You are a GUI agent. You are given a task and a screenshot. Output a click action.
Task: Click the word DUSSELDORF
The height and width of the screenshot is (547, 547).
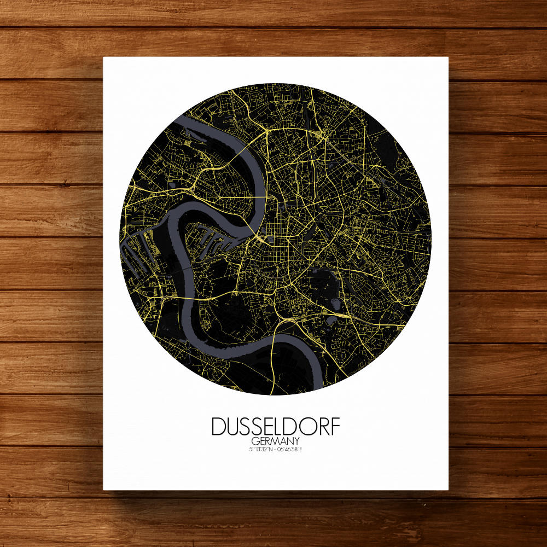click(x=271, y=427)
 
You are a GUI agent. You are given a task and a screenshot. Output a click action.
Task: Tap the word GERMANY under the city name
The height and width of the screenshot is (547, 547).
click(x=271, y=441)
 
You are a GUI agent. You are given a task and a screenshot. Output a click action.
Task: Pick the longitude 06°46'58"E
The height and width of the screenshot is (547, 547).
click(x=287, y=450)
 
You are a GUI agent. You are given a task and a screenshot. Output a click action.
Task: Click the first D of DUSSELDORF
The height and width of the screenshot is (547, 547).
click(x=218, y=427)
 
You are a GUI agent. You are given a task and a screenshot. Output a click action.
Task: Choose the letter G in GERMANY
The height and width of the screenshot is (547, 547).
click(x=255, y=441)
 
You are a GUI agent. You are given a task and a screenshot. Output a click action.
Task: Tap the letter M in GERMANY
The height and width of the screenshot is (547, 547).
click(x=271, y=441)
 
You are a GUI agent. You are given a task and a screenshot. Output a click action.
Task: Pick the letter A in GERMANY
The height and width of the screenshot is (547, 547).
click(x=277, y=441)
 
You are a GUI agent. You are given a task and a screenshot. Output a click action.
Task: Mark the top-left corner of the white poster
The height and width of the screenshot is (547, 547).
click(x=103, y=57)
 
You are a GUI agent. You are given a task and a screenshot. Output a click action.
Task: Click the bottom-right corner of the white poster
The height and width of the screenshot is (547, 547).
click(x=448, y=490)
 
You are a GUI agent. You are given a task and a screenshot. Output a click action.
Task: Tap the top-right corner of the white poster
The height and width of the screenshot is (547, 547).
click(x=448, y=57)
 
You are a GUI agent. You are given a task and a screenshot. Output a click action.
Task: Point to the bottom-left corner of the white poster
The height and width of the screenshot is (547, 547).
click(x=103, y=490)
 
